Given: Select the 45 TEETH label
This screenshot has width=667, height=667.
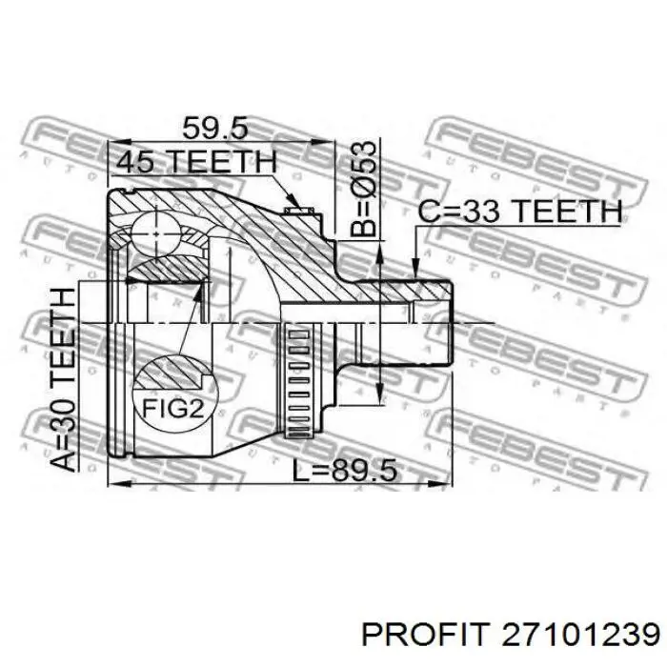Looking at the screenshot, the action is point(196,162).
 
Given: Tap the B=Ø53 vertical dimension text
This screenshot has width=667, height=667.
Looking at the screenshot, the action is point(364,189).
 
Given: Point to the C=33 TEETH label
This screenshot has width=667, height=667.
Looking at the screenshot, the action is point(520,212).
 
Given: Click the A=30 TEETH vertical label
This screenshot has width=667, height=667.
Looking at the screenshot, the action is point(63,379).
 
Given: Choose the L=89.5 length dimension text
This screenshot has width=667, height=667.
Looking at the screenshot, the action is point(345,471).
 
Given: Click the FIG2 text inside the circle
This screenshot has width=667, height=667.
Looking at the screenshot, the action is point(173,409).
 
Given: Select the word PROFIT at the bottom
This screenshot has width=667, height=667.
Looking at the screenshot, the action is point(423,637).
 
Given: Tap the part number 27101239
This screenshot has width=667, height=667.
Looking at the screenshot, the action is point(580,637).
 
